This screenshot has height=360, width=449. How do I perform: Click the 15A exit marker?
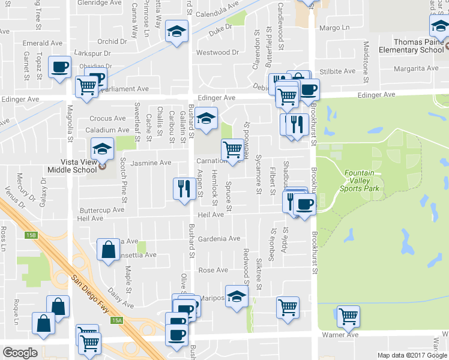(x=116, y=321)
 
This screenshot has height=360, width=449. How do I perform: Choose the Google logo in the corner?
(x=20, y=353)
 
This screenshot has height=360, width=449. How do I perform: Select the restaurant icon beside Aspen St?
(x=182, y=188)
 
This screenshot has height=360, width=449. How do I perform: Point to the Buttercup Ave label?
(x=102, y=210)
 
